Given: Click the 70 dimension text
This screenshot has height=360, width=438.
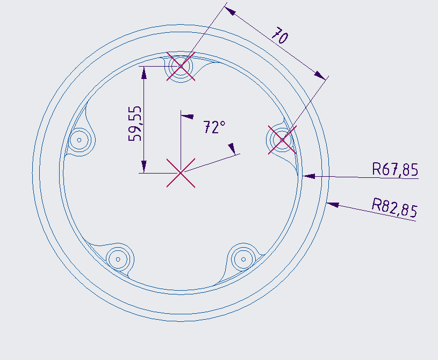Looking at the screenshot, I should pos(279,36).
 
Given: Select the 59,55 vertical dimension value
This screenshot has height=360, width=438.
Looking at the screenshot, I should pos(135,123).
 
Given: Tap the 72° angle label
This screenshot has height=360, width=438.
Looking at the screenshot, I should pos(214,127).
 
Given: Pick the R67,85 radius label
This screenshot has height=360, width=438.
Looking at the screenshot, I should pos(395,169).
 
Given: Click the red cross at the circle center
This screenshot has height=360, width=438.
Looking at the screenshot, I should pos(181,172).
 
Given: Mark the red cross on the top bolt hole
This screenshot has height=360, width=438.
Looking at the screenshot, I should pos(181,67).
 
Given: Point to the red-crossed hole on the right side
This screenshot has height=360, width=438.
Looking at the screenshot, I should pos(282,140).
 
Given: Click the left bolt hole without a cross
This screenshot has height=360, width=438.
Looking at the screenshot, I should pos(80,140).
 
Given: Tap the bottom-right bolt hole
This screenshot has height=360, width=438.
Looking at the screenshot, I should pos(243,259).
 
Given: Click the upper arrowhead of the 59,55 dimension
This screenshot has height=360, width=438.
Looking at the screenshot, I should pos(143,71).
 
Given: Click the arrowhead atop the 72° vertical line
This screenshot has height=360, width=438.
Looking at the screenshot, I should pos(186,115).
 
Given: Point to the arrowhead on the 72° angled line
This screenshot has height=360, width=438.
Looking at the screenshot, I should pos(232,148).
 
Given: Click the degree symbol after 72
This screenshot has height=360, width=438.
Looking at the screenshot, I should pos(222,124).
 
